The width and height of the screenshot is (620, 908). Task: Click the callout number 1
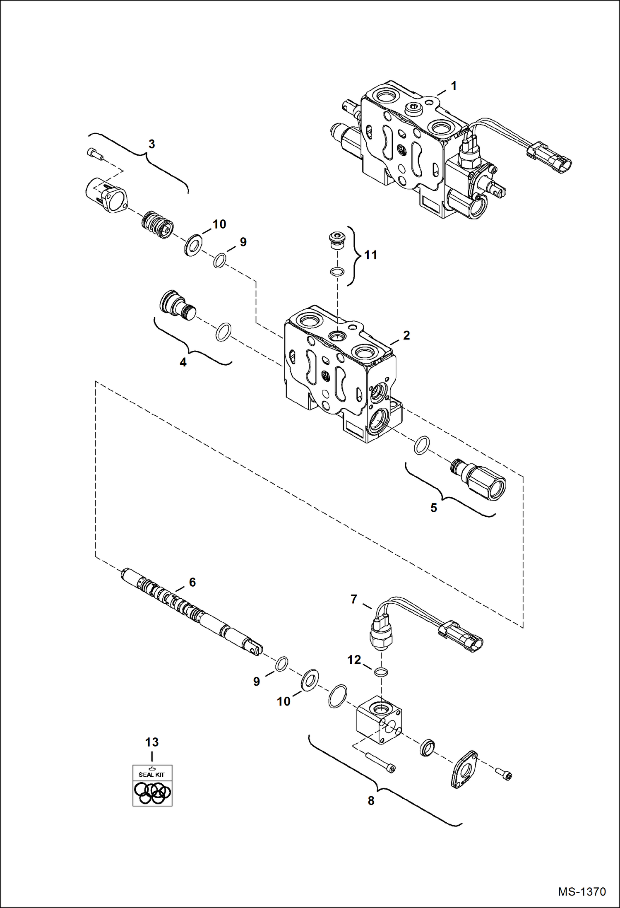(454, 86)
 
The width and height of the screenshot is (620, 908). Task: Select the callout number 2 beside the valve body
(406, 335)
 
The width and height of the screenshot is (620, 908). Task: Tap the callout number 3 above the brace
(151, 144)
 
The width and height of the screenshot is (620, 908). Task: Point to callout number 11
(370, 255)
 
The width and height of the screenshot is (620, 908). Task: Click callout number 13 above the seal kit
(152, 742)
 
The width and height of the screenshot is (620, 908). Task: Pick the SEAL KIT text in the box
(151, 774)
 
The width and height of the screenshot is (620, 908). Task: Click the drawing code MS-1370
(582, 891)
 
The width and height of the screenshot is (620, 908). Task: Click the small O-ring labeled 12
(381, 672)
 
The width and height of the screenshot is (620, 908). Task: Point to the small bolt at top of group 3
(95, 154)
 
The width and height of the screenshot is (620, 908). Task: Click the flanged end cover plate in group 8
(464, 769)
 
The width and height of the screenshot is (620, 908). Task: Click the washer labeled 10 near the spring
(193, 245)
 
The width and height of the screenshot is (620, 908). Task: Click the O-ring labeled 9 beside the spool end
(281, 664)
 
